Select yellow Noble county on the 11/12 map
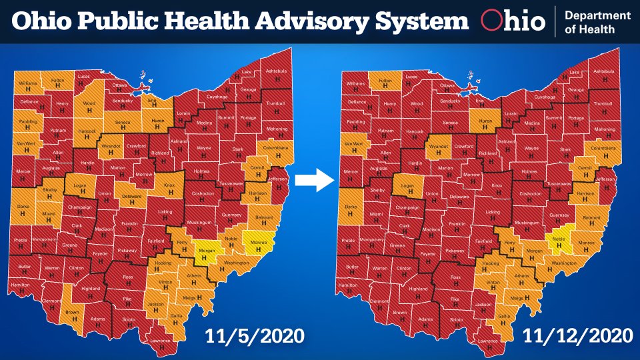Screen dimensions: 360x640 pos(558,242)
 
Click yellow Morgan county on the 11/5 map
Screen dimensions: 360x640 pos(205,252)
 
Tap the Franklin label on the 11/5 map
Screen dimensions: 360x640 pos(129,225)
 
